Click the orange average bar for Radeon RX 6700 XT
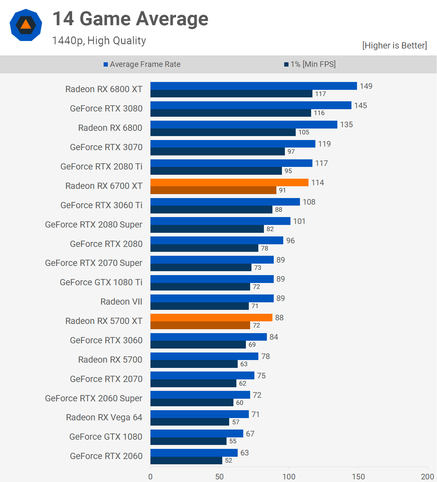click(229, 183)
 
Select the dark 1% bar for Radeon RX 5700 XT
click(200, 325)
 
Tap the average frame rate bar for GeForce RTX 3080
click(251, 105)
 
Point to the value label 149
click(366, 86)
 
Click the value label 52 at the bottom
click(228, 460)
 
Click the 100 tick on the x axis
click(289, 476)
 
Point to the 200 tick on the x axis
click(427, 476)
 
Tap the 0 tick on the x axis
click(150, 476)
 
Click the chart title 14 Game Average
click(130, 19)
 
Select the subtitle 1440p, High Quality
click(99, 41)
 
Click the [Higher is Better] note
click(394, 46)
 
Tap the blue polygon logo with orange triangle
click(26, 25)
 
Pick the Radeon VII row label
click(121, 302)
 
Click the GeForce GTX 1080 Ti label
click(101, 282)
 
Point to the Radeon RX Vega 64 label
click(104, 417)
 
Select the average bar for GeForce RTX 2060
click(194, 453)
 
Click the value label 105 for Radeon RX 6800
click(304, 132)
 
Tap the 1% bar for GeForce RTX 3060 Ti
click(211, 210)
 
